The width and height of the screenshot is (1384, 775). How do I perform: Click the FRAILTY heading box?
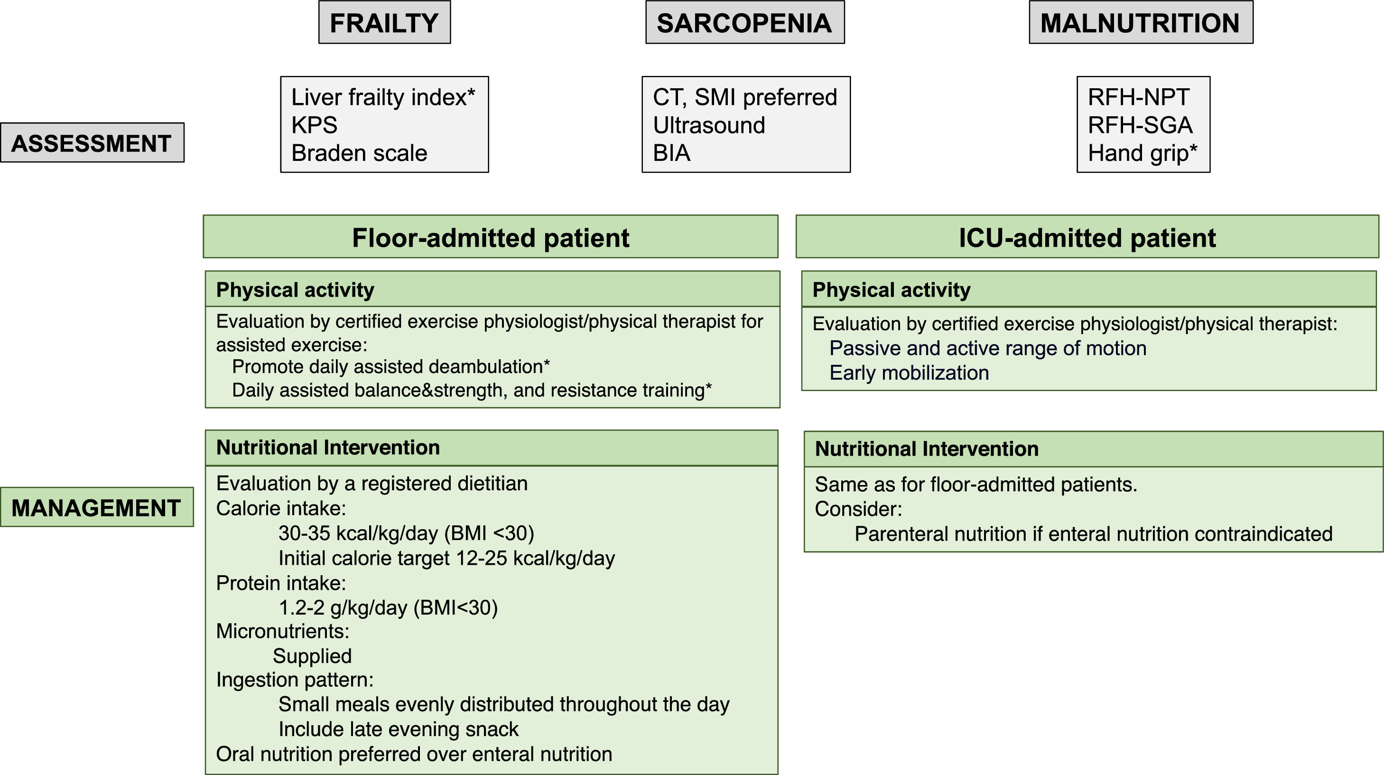pos(384,23)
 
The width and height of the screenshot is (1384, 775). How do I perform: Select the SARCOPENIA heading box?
pos(744,23)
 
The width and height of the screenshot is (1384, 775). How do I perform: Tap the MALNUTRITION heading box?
pos(1141,23)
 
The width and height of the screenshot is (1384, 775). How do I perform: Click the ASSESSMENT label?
pos(92,143)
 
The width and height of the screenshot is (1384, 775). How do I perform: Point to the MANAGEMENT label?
pos(96,507)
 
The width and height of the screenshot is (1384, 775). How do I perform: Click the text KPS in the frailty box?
pos(314,125)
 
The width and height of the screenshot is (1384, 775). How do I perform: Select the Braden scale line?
pos(359,153)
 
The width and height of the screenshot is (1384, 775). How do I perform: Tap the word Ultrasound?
pos(709,125)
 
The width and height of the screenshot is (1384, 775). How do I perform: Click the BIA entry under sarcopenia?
pos(671,153)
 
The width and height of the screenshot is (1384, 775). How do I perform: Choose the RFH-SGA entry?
pos(1140,125)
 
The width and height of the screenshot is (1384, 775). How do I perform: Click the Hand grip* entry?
pos(1142,153)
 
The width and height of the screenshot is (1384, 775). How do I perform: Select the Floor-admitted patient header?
pos(490,237)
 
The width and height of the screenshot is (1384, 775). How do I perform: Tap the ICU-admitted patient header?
pos(1087,237)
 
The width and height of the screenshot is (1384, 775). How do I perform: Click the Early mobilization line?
pos(909,373)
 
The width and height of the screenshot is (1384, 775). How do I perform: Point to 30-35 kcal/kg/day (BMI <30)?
pos(406,532)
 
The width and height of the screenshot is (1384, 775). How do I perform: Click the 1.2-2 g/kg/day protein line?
pos(388,607)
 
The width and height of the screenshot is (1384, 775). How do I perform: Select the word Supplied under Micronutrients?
pos(312,656)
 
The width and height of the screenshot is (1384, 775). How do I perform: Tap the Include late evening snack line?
pos(398,729)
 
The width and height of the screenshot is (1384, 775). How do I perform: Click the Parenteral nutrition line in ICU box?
pos(1093,534)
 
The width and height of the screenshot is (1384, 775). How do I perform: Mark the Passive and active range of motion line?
pos(987,348)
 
